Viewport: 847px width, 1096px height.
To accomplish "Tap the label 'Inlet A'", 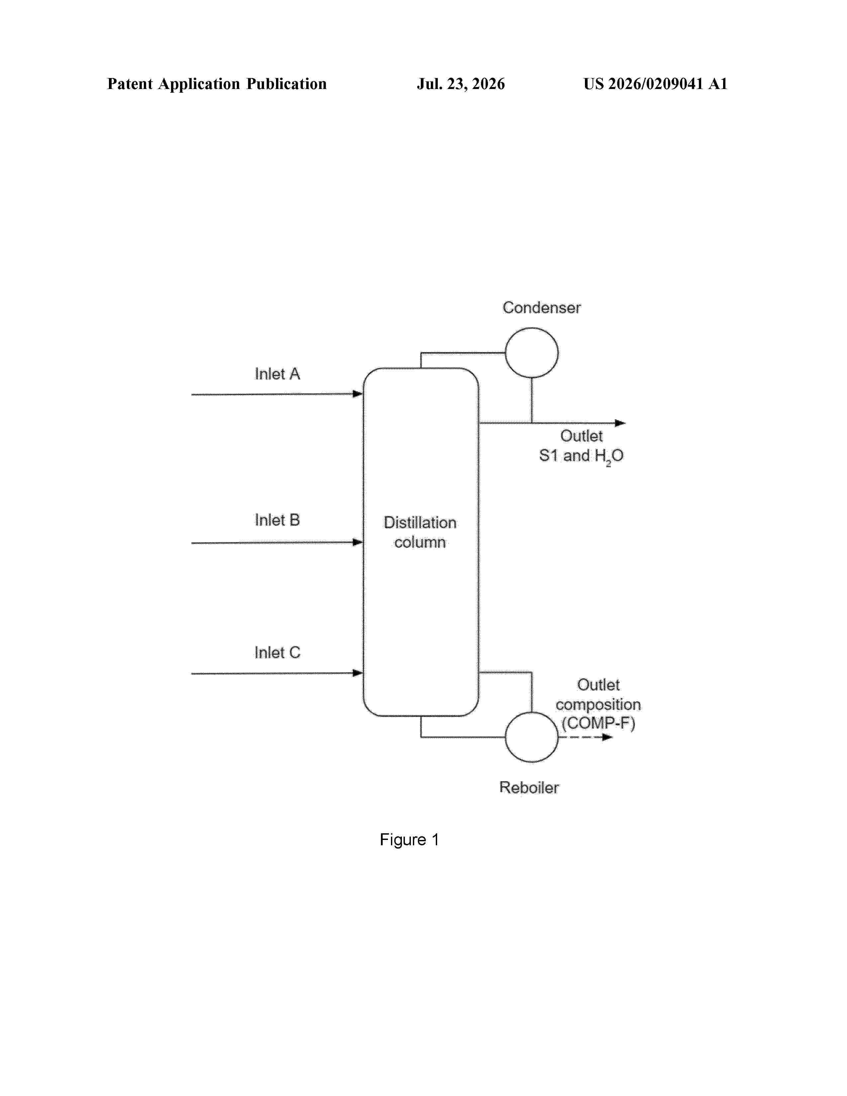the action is coord(277,374).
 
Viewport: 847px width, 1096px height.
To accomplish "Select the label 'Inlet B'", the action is coord(277,520).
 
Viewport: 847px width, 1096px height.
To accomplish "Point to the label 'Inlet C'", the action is coord(277,652).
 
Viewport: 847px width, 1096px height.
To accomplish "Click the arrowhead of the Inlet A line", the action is coord(358,394).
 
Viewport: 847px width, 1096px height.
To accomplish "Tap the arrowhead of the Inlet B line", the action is coord(358,542).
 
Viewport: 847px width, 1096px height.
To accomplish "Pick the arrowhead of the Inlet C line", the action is coord(358,673).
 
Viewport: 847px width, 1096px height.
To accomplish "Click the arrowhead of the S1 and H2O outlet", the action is coord(621,423).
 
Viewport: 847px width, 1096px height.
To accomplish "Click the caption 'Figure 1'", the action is coord(410,840).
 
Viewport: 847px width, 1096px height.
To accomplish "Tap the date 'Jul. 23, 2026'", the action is coord(461,84).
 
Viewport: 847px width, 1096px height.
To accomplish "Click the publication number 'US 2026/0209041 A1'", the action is coord(655,84).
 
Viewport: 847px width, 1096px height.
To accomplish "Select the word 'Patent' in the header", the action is coord(130,84).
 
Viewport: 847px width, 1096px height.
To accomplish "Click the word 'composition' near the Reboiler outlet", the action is coord(598,704).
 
